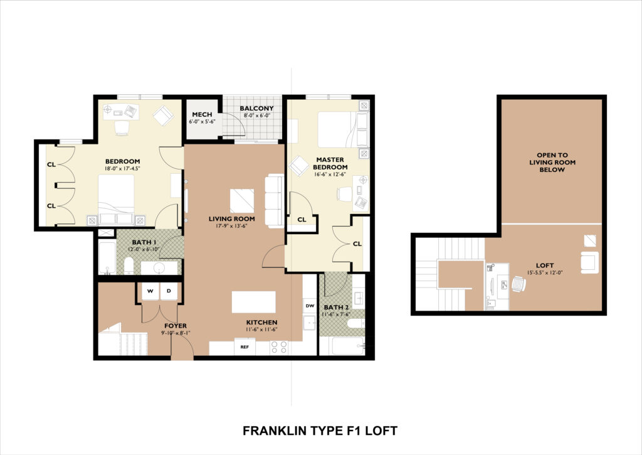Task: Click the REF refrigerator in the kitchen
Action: tap(245, 347)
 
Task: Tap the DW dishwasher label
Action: tap(310, 306)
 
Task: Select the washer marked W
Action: tap(150, 291)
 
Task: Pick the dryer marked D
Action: tap(169, 291)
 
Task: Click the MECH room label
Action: tap(202, 114)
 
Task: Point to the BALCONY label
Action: tap(256, 108)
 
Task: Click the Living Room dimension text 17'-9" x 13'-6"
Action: tap(231, 226)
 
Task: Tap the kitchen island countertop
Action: tap(254, 302)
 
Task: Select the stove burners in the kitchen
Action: tap(278, 347)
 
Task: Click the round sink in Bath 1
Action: tap(159, 268)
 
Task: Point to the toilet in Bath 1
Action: tap(129, 266)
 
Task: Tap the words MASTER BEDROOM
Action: tap(330, 163)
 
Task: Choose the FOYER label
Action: tap(176, 326)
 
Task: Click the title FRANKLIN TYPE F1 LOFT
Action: tap(320, 431)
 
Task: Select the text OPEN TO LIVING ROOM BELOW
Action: tap(552, 163)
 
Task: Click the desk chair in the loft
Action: tap(518, 284)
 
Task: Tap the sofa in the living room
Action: tap(275, 201)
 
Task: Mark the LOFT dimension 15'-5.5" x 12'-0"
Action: tap(545, 272)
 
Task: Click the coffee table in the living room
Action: tap(242, 201)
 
